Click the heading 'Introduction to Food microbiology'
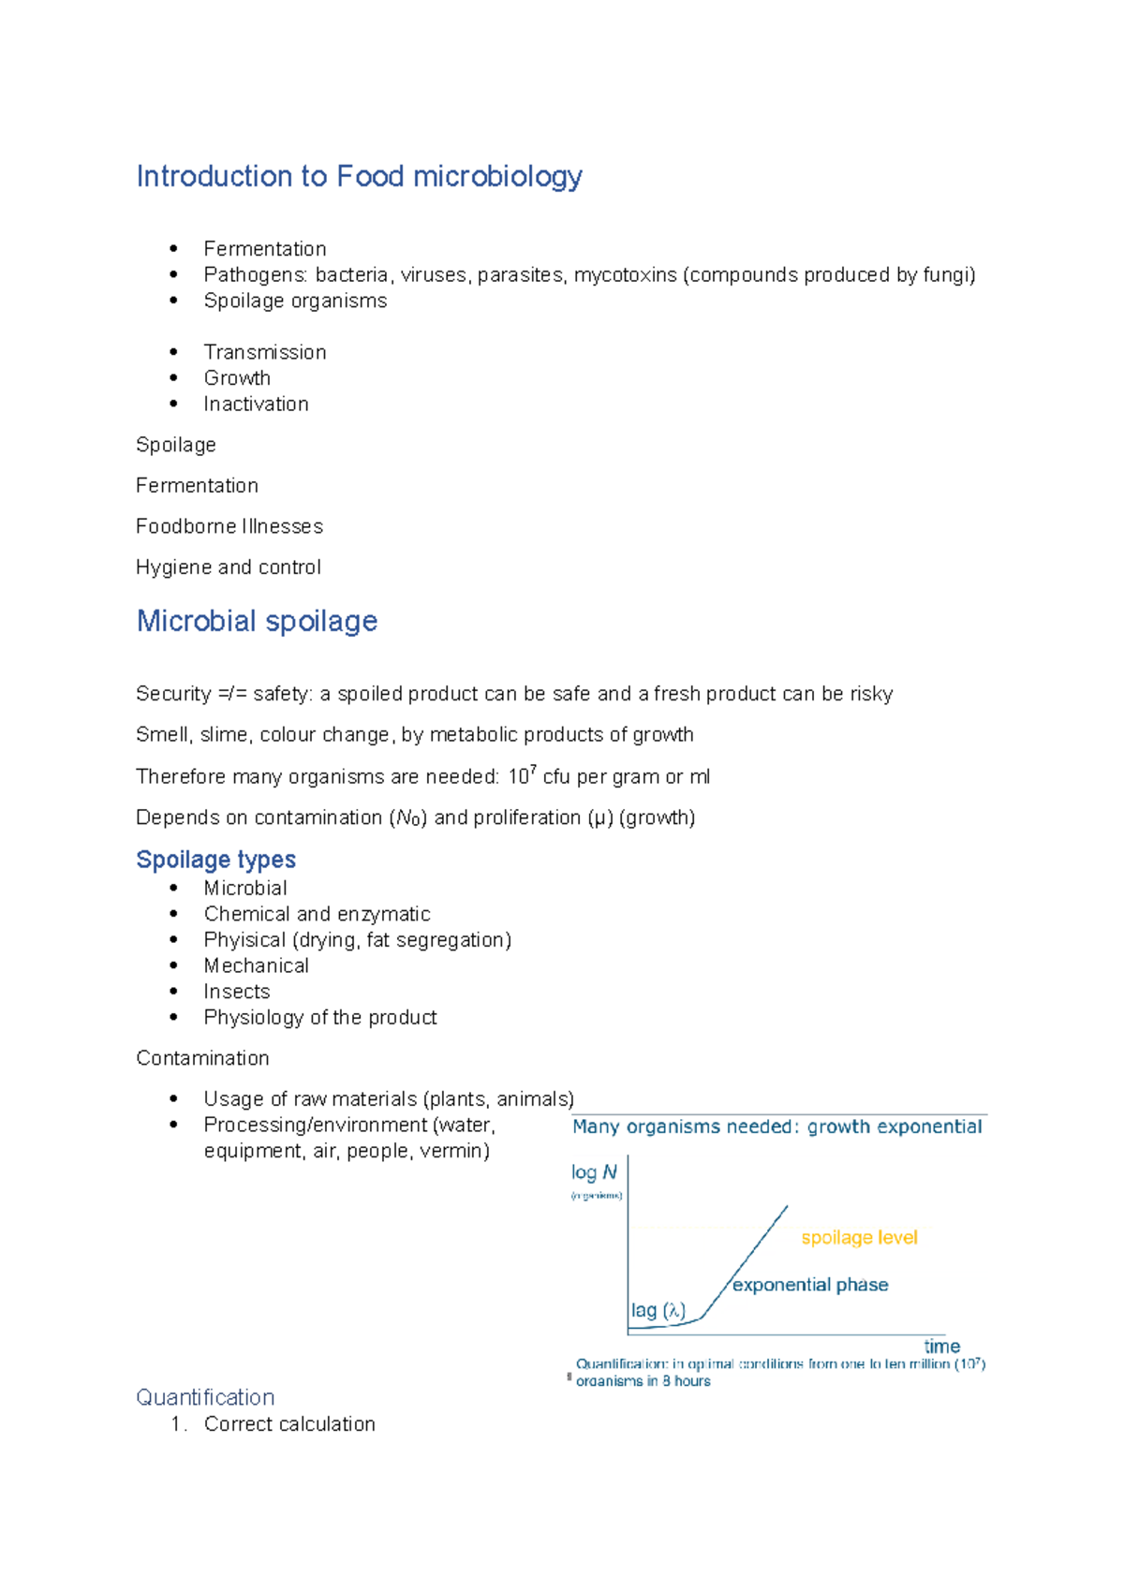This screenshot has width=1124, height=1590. pos(359,176)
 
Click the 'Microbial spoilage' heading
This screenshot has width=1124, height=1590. pos(257,621)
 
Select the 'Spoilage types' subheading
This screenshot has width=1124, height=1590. pos(215,860)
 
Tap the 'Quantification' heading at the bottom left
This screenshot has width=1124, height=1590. pos(205,1397)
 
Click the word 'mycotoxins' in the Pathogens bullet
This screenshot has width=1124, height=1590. pos(625,275)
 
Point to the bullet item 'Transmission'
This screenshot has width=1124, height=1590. pos(265,352)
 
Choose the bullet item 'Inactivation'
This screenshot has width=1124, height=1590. pos(256,405)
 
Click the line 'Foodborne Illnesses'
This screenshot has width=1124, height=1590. pos(229,526)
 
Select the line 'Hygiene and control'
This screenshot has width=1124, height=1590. pos(229,567)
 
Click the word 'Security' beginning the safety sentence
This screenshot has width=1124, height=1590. pos(173,694)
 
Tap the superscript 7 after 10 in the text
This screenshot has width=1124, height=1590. pos(533,770)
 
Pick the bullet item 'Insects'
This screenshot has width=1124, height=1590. pos(237,992)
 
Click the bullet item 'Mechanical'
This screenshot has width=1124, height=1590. pos(256,965)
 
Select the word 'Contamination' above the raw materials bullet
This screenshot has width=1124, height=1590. pos(202,1058)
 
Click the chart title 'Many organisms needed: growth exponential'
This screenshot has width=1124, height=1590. pos(776,1126)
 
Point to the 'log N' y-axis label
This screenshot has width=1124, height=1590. pos(594,1172)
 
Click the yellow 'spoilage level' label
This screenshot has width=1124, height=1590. pos(859,1238)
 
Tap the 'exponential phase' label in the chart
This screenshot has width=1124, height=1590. pos(810,1285)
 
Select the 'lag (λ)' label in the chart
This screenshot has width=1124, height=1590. pos(658,1311)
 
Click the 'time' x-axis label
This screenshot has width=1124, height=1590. pos(941,1347)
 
